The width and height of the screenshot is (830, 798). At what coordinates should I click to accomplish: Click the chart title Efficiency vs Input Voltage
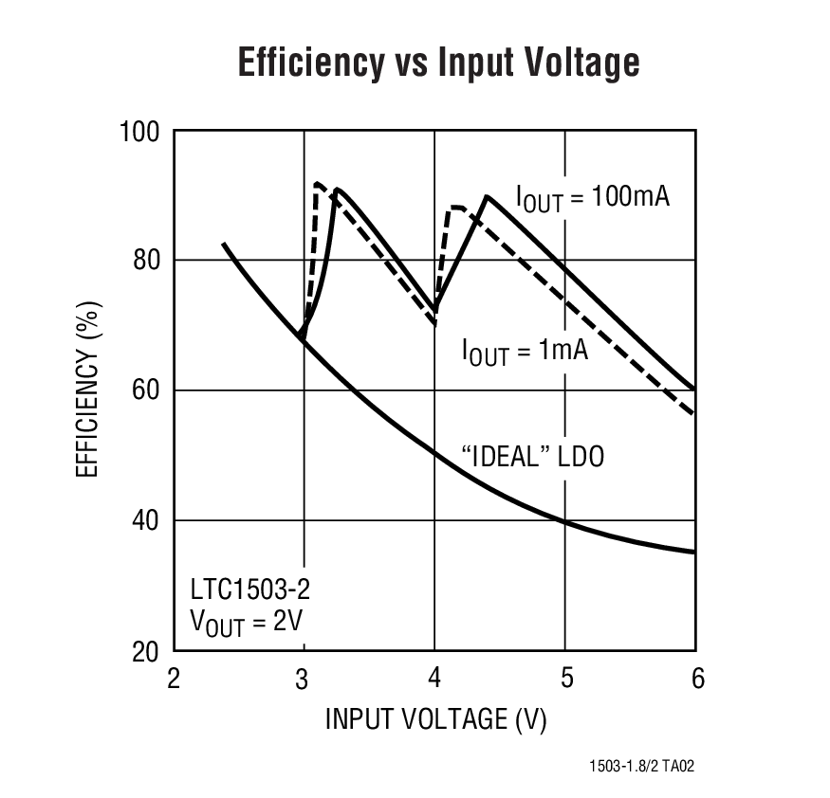pos(438,63)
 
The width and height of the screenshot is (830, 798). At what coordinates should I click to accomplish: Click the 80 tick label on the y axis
pos(145,261)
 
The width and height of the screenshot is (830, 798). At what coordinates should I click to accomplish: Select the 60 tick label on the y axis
pos(145,390)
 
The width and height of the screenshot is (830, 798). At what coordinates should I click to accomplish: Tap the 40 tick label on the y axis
pos(145,520)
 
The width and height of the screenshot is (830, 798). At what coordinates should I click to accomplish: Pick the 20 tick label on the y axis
pos(145,651)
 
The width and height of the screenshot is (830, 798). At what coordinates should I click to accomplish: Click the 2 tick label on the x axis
pos(174,680)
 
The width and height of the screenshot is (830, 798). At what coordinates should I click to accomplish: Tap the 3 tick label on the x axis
pos(303,680)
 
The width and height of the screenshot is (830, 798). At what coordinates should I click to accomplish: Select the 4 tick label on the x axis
pos(434,680)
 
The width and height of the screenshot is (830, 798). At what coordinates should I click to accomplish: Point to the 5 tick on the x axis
pos(565,680)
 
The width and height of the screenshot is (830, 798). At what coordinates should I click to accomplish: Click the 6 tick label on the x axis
pos(697,680)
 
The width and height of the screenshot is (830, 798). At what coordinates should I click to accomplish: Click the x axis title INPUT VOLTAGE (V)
pos(435,719)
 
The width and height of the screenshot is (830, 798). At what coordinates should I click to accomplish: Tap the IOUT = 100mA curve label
pos(592,198)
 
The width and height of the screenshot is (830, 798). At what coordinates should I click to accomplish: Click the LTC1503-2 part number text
pos(249,589)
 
